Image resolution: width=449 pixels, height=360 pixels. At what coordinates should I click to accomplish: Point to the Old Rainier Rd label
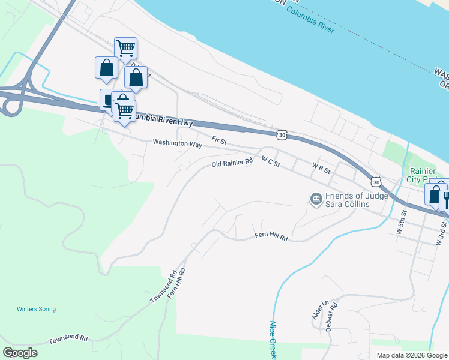click(x=232, y=164)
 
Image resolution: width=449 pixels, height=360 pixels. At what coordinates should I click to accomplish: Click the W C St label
click(x=271, y=161)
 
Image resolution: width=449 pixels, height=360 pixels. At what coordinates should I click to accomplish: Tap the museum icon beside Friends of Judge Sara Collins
click(x=316, y=198)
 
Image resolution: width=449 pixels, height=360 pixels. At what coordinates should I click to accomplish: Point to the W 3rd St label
click(x=441, y=233)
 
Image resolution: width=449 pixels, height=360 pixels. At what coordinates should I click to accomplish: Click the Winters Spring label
click(x=36, y=310)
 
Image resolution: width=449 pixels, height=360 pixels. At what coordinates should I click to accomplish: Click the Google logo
click(x=20, y=353)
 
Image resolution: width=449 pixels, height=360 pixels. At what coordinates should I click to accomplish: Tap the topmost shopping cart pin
click(x=125, y=48)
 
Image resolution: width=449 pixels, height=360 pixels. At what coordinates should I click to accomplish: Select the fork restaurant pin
click(x=445, y=197)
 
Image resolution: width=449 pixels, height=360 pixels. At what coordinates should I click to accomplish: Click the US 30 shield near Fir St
click(x=282, y=136)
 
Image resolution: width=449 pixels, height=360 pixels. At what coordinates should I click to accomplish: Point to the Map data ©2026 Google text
click(x=412, y=355)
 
